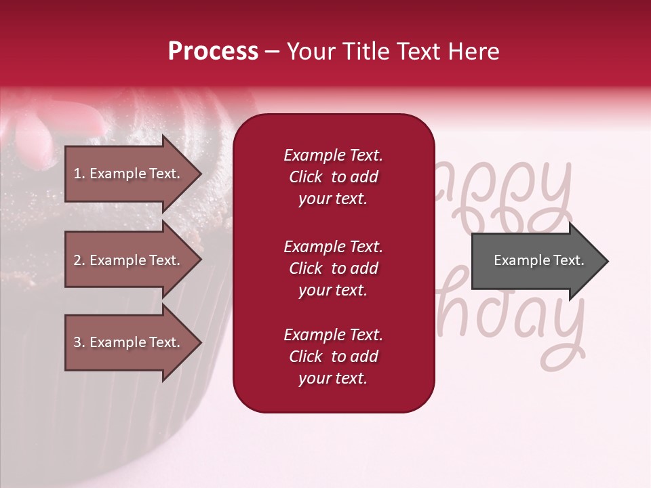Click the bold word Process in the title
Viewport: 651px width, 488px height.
pyautogui.click(x=213, y=52)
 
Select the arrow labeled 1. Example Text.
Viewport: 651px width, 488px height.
pyautogui.click(x=129, y=174)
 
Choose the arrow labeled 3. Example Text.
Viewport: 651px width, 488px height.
pyautogui.click(x=129, y=342)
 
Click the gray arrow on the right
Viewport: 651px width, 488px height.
pyautogui.click(x=536, y=261)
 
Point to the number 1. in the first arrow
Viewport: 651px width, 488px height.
pyautogui.click(x=79, y=174)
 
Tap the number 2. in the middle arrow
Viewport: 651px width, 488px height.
pyautogui.click(x=79, y=261)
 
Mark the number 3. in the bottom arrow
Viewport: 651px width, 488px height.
pyautogui.click(x=79, y=342)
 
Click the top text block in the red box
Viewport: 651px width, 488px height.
pyautogui.click(x=333, y=177)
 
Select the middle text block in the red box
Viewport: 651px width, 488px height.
pyautogui.click(x=333, y=268)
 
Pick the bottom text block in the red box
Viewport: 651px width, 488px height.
pyautogui.click(x=333, y=357)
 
